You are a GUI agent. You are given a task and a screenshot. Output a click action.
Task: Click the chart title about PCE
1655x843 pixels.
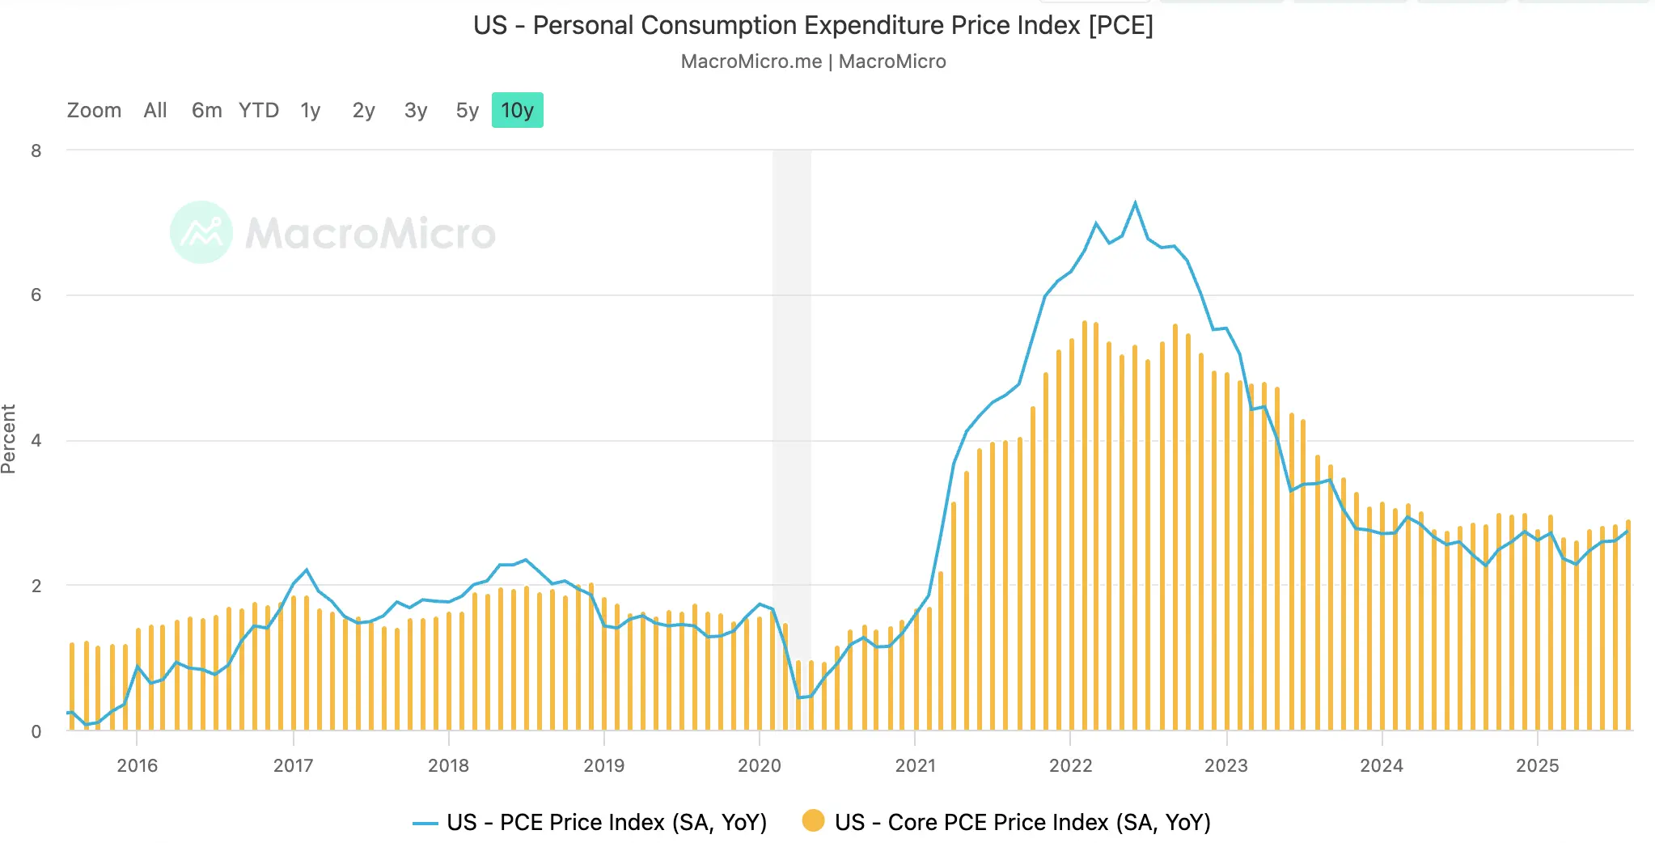pyautogui.click(x=813, y=26)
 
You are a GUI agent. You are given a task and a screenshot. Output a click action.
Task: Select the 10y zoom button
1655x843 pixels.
pyautogui.click(x=518, y=111)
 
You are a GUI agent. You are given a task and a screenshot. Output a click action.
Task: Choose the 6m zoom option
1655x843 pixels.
pyautogui.click(x=206, y=111)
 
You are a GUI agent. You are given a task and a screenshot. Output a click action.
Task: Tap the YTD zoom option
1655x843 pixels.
pyautogui.click(x=259, y=111)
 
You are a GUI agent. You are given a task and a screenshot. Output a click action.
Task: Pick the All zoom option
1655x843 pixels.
pyautogui.click(x=155, y=111)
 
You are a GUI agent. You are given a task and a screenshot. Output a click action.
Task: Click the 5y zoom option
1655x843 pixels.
pyautogui.click(x=467, y=111)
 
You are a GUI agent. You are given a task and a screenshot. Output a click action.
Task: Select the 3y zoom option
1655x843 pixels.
pyautogui.click(x=416, y=111)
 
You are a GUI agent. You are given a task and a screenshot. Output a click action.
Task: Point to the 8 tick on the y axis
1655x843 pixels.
pyautogui.click(x=36, y=150)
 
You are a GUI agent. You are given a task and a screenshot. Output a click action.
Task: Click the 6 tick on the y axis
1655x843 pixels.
pyautogui.click(x=36, y=295)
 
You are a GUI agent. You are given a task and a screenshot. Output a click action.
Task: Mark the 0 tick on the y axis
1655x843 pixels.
pyautogui.click(x=36, y=731)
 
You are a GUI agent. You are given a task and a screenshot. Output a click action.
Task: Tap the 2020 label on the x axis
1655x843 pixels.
pyautogui.click(x=759, y=765)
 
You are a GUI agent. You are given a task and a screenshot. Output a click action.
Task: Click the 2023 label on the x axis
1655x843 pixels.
pyautogui.click(x=1225, y=765)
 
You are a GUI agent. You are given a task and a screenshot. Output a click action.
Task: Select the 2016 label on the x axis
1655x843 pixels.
pyautogui.click(x=137, y=765)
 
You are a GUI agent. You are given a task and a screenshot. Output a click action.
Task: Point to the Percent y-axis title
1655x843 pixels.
pyautogui.click(x=9, y=439)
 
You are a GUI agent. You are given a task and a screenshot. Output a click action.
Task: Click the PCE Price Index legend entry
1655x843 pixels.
pyautogui.click(x=606, y=823)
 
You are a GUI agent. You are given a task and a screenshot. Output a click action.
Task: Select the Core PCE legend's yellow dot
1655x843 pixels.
pyautogui.click(x=813, y=821)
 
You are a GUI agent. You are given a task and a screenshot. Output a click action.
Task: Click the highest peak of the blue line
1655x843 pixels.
pyautogui.click(x=1135, y=203)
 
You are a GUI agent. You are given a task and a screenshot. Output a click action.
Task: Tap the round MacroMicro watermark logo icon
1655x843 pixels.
pyautogui.click(x=201, y=232)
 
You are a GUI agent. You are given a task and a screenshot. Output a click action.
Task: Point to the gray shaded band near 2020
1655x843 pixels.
pyautogui.click(x=791, y=405)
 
